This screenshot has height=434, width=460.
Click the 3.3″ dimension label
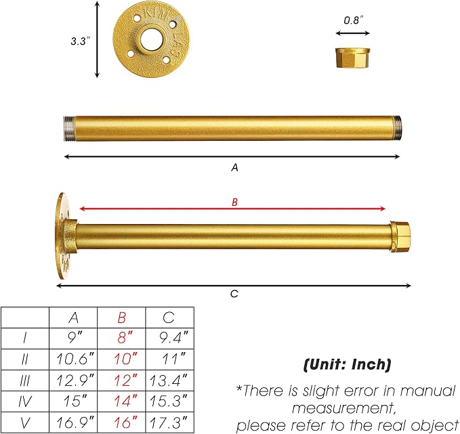pos(80,41)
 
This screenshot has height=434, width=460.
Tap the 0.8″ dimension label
pos(353,20)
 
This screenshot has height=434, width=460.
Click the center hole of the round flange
pos(151,39)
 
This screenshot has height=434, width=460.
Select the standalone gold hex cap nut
pos(353,58)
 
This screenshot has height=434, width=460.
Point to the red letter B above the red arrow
pos(234,202)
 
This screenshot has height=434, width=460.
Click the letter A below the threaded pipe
pos(234,167)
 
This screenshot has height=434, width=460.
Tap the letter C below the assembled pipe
pos(234,294)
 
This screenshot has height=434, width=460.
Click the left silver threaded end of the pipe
pos(69,129)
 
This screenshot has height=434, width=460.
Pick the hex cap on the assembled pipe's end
pos(400,237)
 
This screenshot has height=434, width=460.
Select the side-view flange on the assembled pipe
pos(66,236)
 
